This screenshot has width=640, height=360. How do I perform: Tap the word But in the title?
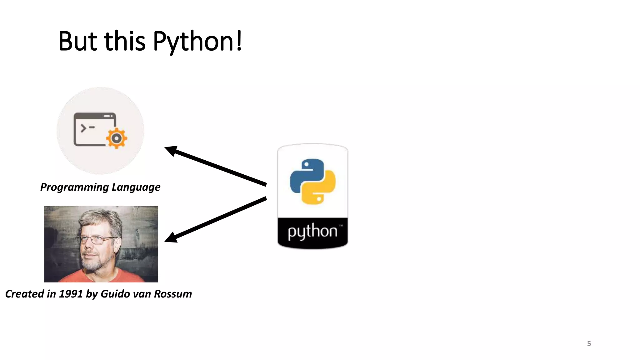pos(78,41)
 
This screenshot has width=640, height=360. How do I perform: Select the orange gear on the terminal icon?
pos(117,138)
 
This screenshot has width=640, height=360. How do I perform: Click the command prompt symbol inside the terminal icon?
pos(87,128)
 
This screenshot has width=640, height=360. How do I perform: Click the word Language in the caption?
pos(136,187)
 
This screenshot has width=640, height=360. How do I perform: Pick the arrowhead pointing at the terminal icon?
pos(171,151)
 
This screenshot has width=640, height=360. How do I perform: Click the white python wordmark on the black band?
pos(312,232)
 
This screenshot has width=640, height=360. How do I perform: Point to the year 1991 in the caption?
pos(71,294)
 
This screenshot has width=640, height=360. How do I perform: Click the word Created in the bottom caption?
pos(25,294)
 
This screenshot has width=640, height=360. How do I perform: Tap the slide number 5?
pos(589,344)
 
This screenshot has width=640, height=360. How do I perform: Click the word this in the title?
pos(125,41)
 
